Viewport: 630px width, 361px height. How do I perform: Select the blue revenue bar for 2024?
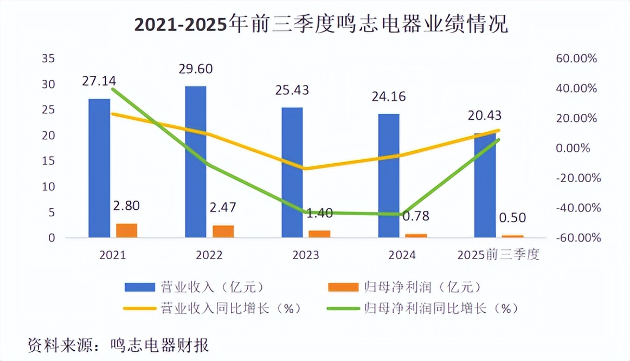click(389, 176)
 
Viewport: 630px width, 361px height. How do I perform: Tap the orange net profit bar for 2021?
click(126, 230)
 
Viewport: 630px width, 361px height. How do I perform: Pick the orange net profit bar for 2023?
click(319, 234)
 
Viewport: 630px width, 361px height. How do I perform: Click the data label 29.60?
click(196, 69)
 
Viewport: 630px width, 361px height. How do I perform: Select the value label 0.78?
click(415, 216)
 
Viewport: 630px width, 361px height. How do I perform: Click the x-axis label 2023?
click(305, 255)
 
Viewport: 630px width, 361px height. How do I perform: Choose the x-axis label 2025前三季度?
click(498, 255)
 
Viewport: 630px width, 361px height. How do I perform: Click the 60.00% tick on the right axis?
click(577, 59)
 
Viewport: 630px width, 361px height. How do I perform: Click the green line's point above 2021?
click(113, 89)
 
